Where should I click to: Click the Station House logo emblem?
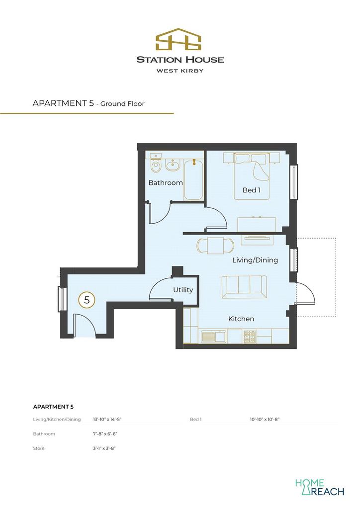click(x=178, y=39)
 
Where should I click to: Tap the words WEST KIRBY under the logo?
click(x=180, y=71)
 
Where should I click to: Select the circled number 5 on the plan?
click(x=87, y=300)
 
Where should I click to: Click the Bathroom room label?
click(x=165, y=183)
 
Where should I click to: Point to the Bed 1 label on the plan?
click(x=252, y=190)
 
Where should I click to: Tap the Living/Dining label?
click(x=255, y=260)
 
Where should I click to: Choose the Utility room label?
click(x=183, y=290)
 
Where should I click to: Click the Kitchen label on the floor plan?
click(x=241, y=319)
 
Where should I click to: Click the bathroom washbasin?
click(x=173, y=165)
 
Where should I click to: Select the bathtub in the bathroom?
click(x=193, y=179)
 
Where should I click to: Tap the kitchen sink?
click(x=214, y=337)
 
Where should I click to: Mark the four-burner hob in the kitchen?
click(x=250, y=337)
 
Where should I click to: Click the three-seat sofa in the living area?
click(x=244, y=287)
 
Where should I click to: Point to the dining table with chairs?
click(x=215, y=246)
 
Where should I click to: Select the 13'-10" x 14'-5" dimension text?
click(x=107, y=419)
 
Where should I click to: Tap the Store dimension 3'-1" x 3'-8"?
click(x=104, y=448)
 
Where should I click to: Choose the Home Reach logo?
click(x=320, y=487)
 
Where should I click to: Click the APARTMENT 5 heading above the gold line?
click(x=63, y=103)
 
